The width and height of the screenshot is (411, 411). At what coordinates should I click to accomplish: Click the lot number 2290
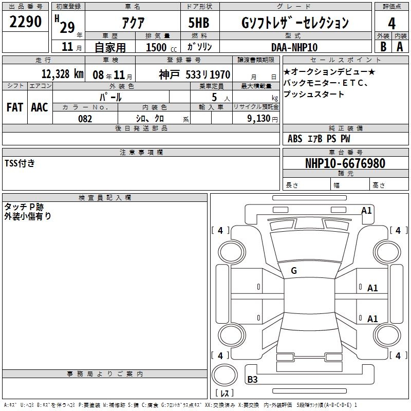[x=25, y=22]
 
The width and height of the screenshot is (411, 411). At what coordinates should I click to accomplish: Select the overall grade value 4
[x=391, y=23]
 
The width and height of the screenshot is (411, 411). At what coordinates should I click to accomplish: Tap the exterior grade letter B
[x=383, y=46]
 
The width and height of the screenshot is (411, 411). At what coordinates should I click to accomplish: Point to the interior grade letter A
[x=400, y=46]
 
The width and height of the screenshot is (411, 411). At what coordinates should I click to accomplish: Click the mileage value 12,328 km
[x=63, y=74]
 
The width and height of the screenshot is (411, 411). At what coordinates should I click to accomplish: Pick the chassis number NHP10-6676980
[x=345, y=163]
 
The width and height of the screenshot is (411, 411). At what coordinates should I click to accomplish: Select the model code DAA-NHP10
[x=294, y=47]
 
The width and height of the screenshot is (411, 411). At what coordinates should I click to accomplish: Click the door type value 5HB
[x=199, y=23]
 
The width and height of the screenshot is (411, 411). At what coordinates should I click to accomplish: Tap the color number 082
[x=85, y=119]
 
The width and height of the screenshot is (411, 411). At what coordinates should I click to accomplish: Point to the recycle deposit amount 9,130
[x=259, y=118]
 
